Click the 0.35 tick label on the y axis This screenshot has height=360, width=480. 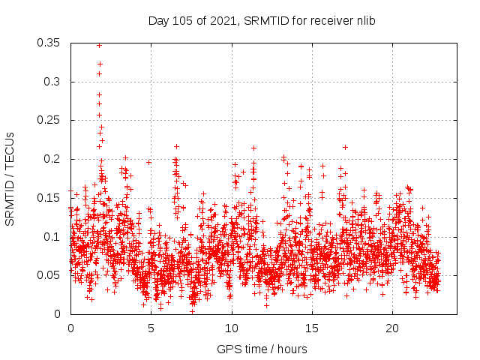click(x=49, y=43)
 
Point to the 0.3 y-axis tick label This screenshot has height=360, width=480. click(x=52, y=82)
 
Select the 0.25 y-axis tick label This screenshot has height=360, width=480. click(x=49, y=120)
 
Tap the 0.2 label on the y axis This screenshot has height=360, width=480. click(x=52, y=159)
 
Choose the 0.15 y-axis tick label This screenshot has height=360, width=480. click(x=49, y=198)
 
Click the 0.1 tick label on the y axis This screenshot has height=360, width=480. click(x=52, y=236)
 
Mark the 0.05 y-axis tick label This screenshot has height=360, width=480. click(x=49, y=275)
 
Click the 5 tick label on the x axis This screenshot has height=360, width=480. click(x=151, y=328)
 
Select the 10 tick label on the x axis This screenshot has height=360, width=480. click(x=232, y=328)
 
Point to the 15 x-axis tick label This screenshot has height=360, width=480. click(x=312, y=328)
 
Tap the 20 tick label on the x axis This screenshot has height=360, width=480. click(x=392, y=328)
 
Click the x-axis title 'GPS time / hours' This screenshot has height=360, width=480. click(x=262, y=349)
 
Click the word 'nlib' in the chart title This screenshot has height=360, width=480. click(x=364, y=20)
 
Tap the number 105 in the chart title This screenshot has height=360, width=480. click(x=181, y=20)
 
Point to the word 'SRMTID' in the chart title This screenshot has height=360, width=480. click(x=262, y=20)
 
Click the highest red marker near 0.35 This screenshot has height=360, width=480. click(x=99, y=45)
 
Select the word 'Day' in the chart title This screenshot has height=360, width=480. click(x=157, y=20)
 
